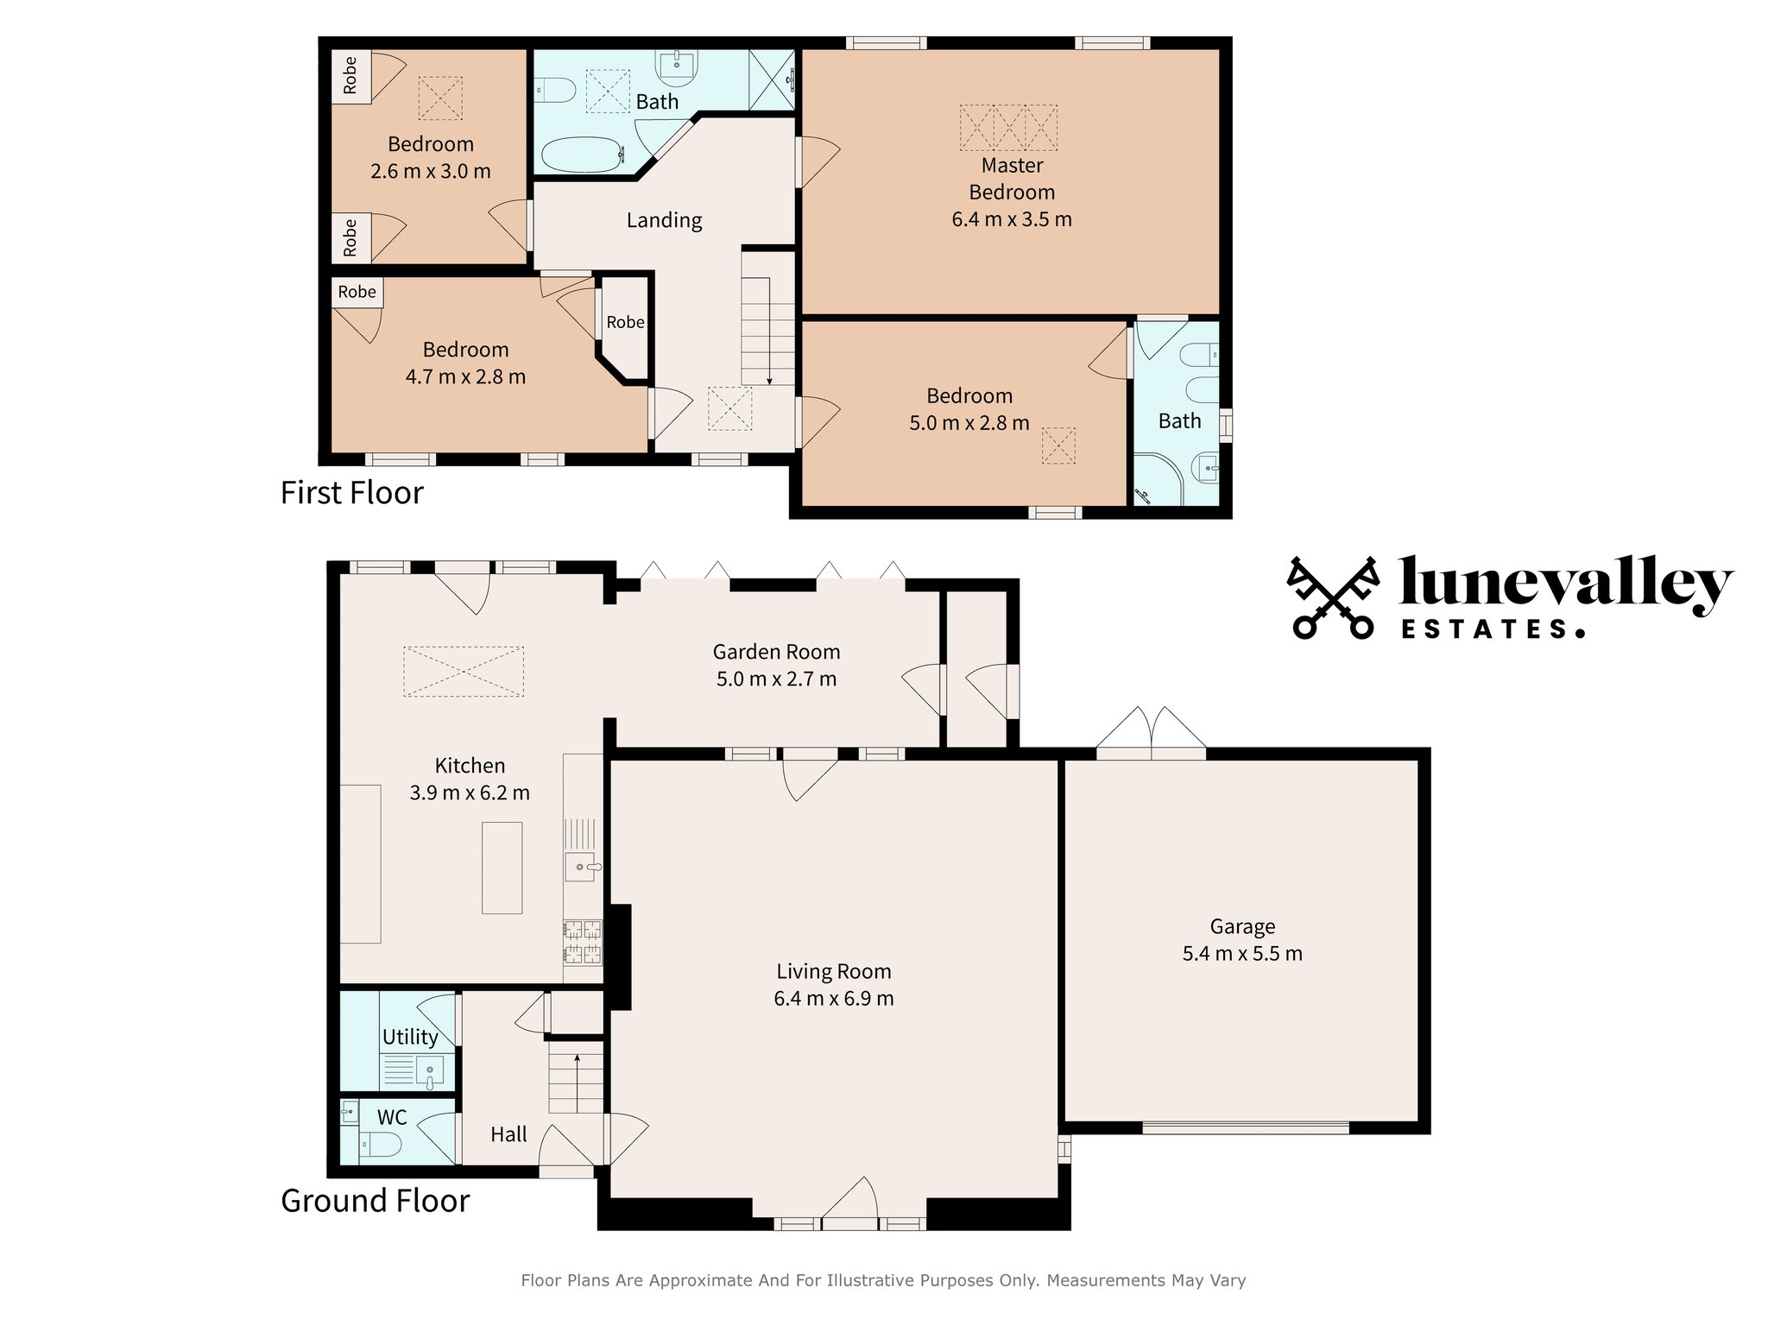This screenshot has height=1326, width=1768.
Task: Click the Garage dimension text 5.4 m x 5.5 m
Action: point(1241,954)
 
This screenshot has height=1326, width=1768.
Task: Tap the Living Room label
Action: point(833,971)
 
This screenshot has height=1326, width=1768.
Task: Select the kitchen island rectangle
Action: point(502,868)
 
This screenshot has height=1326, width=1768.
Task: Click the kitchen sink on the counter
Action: point(581,867)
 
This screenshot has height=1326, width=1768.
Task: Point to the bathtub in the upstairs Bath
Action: point(581,155)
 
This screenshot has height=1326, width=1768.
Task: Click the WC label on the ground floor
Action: point(392,1117)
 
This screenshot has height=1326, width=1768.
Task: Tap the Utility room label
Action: point(410,1037)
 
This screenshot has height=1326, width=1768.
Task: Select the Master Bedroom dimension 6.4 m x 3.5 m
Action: point(1012,219)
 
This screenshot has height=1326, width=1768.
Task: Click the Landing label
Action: point(664,220)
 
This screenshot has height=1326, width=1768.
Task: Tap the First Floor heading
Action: point(352,493)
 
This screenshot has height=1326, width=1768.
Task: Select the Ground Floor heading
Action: point(375,1201)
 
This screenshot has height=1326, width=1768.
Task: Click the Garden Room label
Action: point(776,652)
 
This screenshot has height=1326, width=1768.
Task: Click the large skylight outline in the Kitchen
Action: point(464,672)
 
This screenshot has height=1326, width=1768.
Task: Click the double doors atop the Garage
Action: point(1151,734)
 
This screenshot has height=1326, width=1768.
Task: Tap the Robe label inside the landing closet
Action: point(625,322)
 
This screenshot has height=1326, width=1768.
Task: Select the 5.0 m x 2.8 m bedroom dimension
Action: point(969,423)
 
